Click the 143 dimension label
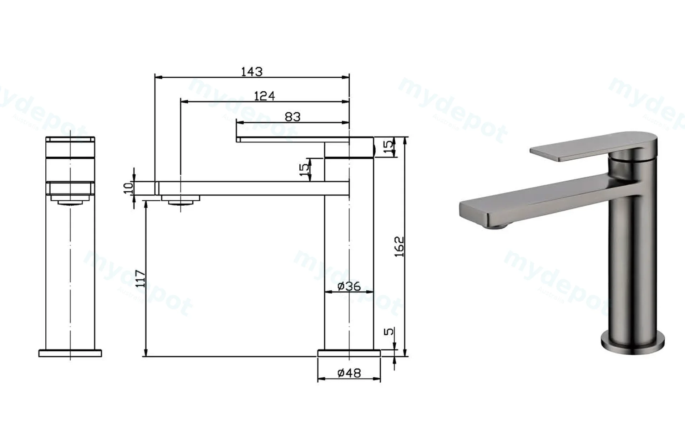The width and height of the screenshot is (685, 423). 252,72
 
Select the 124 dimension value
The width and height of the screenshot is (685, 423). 264,96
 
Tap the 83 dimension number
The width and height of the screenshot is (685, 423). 293,117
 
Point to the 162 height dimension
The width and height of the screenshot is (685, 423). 400,247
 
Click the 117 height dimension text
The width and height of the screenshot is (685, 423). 141,279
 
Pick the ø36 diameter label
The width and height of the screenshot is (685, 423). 349,286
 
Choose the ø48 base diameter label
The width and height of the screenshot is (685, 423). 349,373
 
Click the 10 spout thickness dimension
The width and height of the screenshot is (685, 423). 128,188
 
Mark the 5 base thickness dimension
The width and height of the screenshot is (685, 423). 389,331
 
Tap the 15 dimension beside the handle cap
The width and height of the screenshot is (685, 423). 389,146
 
